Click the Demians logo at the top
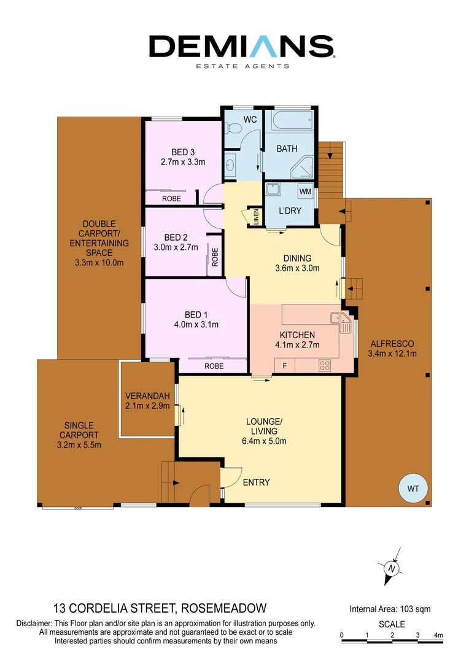click(241, 48)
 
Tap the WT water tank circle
click(412, 489)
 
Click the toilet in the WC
click(232, 128)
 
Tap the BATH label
click(287, 149)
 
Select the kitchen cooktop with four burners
click(325, 365)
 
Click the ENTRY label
click(256, 483)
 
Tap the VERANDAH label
click(147, 395)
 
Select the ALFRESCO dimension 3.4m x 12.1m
click(392, 354)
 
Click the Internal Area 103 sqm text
click(390, 610)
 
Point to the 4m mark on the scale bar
click(438, 635)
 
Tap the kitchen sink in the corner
click(339, 319)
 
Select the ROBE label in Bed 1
click(213, 366)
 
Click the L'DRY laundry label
click(289, 209)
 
